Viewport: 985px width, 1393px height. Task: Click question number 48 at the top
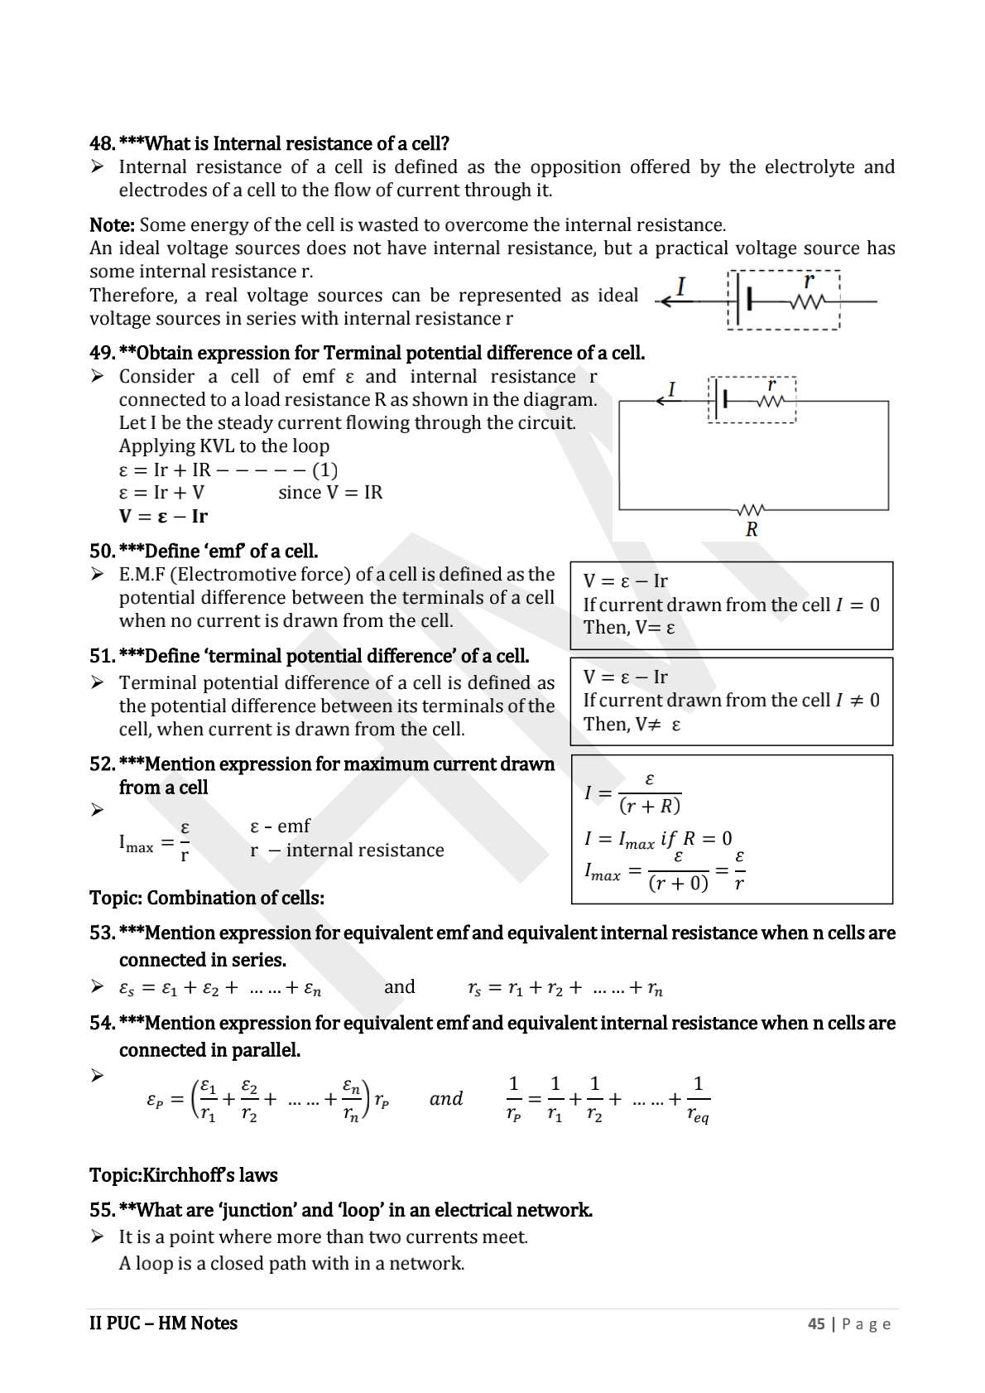tap(102, 144)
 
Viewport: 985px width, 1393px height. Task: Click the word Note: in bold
tap(112, 225)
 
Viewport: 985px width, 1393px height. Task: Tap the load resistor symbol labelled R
tap(751, 509)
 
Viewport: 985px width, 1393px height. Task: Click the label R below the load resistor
tap(752, 530)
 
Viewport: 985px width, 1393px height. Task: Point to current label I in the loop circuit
tap(672, 389)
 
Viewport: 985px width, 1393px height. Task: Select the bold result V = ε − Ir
tap(163, 517)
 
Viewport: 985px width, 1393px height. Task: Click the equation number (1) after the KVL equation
tap(324, 470)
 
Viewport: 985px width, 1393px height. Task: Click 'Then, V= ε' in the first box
tap(629, 628)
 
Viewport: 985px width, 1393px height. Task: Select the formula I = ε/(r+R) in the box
tap(633, 793)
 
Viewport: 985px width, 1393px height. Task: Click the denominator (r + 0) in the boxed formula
tap(678, 884)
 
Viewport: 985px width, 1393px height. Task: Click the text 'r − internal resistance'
tap(347, 851)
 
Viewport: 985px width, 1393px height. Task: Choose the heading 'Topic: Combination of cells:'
tap(207, 899)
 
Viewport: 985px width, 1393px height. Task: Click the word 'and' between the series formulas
tap(400, 987)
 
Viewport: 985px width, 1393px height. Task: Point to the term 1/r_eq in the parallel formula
tap(698, 1100)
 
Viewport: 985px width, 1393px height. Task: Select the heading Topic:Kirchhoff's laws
tap(183, 1176)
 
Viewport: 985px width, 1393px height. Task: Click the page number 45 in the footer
tap(816, 1324)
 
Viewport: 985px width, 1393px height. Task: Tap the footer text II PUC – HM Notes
tap(163, 1323)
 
